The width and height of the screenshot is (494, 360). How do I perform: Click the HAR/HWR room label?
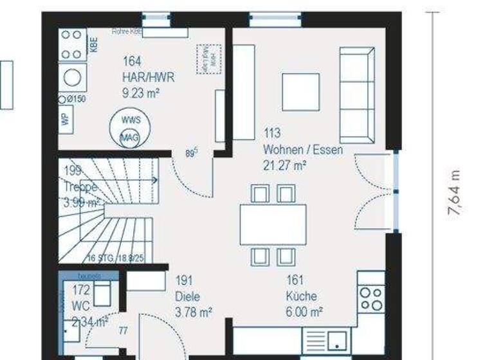pyautogui.click(x=148, y=77)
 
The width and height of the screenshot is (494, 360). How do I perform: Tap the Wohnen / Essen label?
pyautogui.click(x=302, y=150)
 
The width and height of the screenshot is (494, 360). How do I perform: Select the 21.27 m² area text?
pyautogui.click(x=284, y=165)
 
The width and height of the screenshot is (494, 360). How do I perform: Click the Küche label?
pyautogui.click(x=301, y=296)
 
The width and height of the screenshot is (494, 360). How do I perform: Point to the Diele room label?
pyautogui.click(x=187, y=297)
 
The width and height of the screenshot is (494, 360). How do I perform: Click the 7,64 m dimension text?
pyautogui.click(x=455, y=193)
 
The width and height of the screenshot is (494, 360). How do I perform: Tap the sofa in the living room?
pyautogui.click(x=357, y=95)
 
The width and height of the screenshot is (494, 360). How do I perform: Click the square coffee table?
pyautogui.click(x=300, y=92)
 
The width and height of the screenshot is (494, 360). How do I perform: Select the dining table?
pyautogui.click(x=273, y=224)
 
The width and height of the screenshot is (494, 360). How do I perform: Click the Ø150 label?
pyautogui.click(x=73, y=99)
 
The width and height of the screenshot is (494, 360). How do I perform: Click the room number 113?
pyautogui.click(x=272, y=134)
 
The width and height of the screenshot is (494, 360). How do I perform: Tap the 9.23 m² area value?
pyautogui.click(x=140, y=93)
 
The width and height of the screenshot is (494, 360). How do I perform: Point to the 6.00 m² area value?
pyautogui.click(x=304, y=312)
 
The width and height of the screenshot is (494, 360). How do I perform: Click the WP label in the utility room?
pyautogui.click(x=64, y=119)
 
